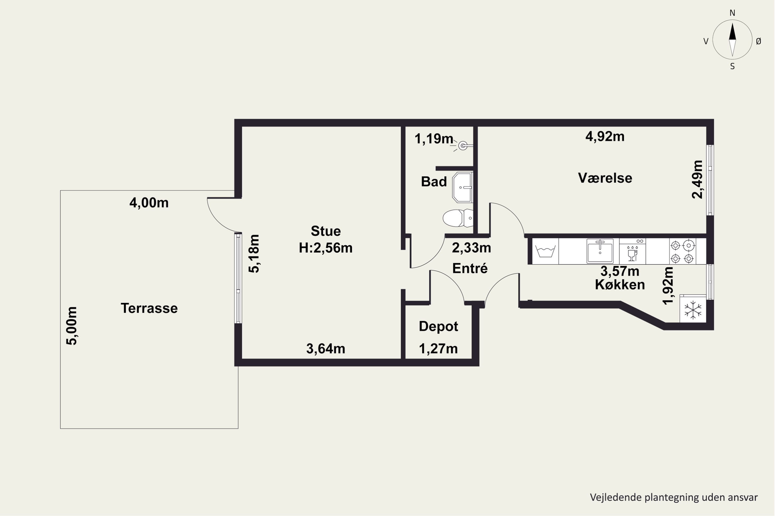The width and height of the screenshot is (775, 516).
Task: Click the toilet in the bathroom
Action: coord(458,218)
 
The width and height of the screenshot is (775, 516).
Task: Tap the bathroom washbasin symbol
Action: coord(463,187)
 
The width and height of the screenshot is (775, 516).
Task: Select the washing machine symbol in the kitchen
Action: coord(545,251)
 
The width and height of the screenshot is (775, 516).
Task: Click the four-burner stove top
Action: coord(683,251)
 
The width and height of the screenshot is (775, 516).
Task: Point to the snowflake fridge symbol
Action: coord(693,309)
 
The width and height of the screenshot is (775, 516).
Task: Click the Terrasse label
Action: coord(149,308)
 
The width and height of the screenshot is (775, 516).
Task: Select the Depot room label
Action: coord(438,326)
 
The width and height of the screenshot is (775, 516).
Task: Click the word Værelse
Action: coord(605,178)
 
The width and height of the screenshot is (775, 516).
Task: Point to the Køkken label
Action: coord(620,285)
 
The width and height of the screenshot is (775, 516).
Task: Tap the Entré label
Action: coord(470,268)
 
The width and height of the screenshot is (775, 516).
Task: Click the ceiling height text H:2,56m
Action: coord(326,248)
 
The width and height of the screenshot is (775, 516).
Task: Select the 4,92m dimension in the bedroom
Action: coord(605,136)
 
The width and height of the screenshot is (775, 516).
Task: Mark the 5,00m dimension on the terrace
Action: coord(72,326)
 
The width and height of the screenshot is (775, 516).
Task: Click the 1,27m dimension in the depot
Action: coord(438,349)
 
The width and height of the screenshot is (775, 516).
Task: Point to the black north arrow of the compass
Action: coord(732,31)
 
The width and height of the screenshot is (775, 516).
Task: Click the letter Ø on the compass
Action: coord(758,41)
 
